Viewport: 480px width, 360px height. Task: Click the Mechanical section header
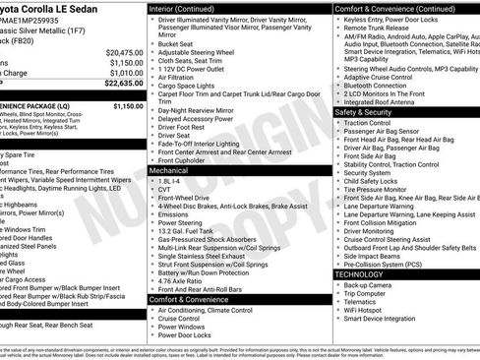[x=169, y=170]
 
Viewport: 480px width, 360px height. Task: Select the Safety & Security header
[x=369, y=111]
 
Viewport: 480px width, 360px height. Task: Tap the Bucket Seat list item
[x=175, y=43]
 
